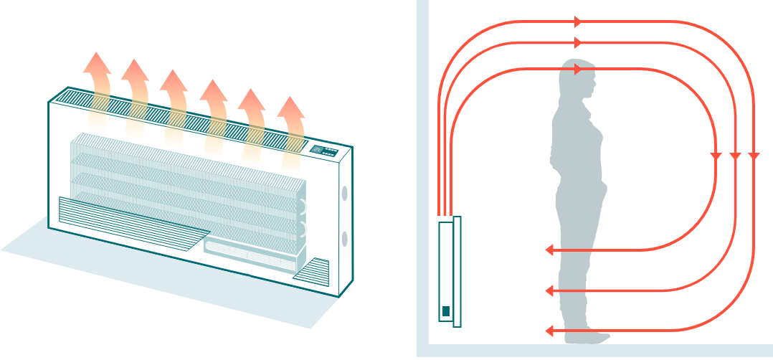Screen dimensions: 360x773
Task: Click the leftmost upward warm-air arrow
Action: pos(97,79)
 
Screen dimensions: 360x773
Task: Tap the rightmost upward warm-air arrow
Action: pos(291,122)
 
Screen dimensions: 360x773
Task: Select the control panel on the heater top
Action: pos(323,151)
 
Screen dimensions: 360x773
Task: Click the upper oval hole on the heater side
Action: pos(345,194)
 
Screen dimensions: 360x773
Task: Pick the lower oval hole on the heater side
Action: pos(345,239)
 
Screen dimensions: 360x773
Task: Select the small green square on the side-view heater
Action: pos(446,311)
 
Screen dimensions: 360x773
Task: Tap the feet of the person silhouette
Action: pos(584,336)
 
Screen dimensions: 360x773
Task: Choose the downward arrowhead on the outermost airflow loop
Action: pos(753,156)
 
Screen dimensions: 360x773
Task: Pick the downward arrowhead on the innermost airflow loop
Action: pos(715,156)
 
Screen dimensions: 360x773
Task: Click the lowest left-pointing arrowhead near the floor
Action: pos(550,331)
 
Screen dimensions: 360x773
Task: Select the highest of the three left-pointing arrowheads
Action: pos(550,250)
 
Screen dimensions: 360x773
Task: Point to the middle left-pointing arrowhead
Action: pos(550,290)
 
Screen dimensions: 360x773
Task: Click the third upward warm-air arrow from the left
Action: pos(174,97)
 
